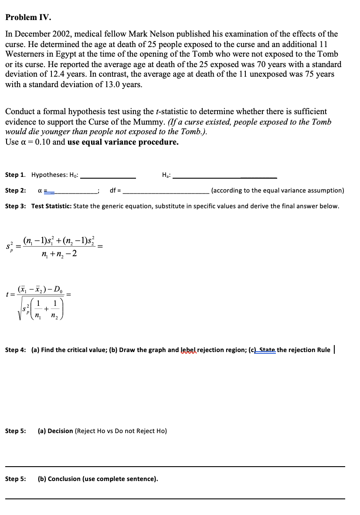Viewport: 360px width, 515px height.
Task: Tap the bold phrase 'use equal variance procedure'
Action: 123,142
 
